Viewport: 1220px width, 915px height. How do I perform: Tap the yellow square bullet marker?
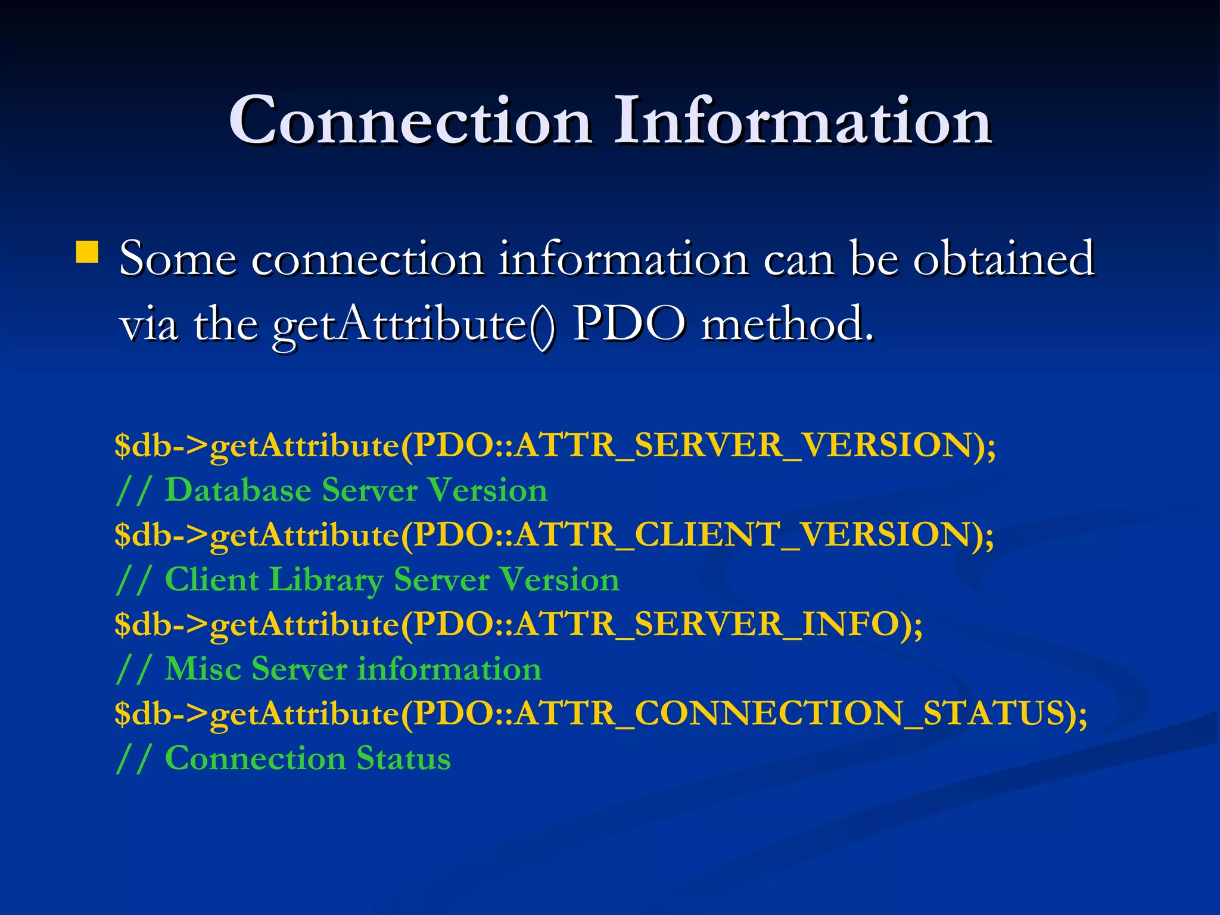click(88, 251)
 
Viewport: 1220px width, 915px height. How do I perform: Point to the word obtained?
click(1004, 259)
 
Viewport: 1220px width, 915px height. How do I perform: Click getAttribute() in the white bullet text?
click(414, 325)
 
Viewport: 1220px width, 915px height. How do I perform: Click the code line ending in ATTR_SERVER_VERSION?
click(555, 446)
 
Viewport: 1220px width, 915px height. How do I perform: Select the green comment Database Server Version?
click(356, 490)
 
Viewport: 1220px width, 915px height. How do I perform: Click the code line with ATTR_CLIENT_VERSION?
click(554, 534)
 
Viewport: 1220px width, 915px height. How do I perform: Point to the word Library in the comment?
click(326, 580)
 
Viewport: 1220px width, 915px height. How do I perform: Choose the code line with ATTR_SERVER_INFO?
click(518, 624)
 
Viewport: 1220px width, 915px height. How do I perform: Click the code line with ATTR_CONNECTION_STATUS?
click(600, 714)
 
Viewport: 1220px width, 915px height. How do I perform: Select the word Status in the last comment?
click(403, 758)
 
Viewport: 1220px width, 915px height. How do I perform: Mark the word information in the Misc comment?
click(449, 668)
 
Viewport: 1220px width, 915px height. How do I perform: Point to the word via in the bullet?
click(149, 325)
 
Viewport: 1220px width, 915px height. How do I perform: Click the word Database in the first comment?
click(238, 490)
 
